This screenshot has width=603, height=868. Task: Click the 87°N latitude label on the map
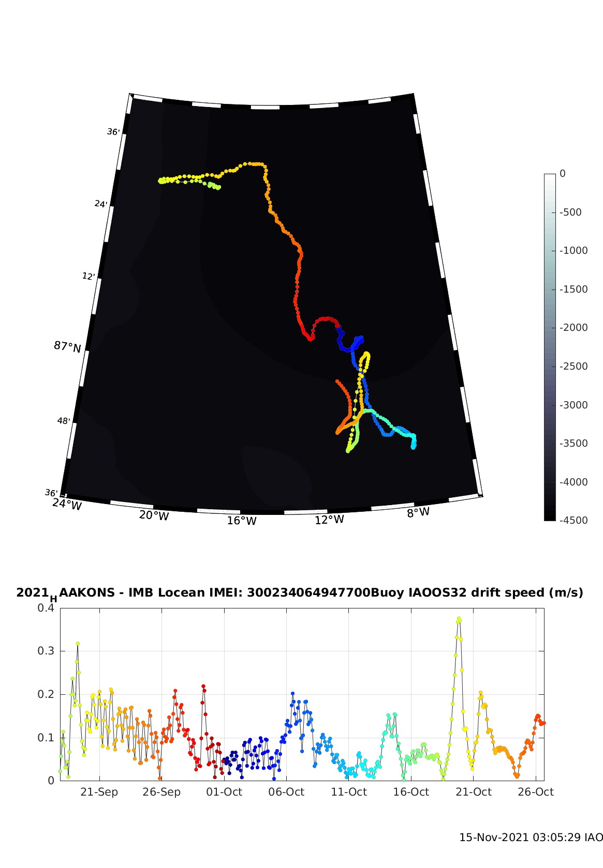click(67, 346)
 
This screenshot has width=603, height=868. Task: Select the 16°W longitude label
click(242, 520)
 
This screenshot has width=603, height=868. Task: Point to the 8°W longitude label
click(418, 512)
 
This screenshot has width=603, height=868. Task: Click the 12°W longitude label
click(329, 520)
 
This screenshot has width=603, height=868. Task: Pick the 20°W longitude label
click(154, 515)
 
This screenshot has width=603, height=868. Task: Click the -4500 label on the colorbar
click(573, 520)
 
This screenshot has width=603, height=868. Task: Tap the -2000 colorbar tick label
click(573, 327)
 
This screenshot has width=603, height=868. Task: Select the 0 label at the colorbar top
click(563, 174)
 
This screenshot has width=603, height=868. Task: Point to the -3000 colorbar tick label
click(573, 405)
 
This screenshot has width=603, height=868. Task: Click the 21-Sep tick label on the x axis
click(99, 792)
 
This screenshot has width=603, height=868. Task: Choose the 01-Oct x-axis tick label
click(224, 792)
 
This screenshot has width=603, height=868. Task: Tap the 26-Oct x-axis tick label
click(536, 792)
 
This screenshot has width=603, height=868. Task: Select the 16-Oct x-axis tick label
click(411, 792)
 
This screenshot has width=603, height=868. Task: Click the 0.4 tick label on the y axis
click(46, 608)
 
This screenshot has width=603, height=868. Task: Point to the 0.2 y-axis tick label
click(46, 694)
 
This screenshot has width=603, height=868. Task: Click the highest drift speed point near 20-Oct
click(459, 618)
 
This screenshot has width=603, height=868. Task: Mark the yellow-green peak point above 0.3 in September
click(78, 644)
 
